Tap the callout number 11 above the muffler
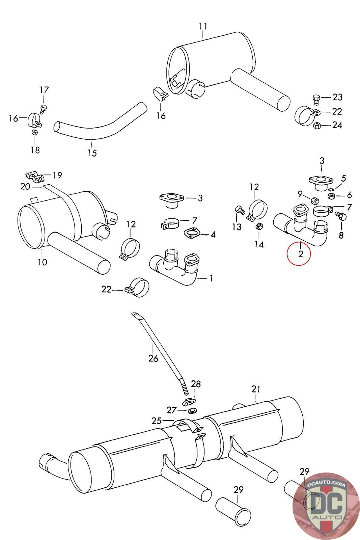(x=203, y=26)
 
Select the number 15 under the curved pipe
(x=92, y=153)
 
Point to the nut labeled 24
(x=317, y=126)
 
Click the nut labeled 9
(x=314, y=200)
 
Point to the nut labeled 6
(x=332, y=195)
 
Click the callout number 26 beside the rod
(x=153, y=358)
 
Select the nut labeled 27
(x=190, y=410)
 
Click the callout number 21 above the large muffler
(x=256, y=389)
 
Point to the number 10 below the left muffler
(x=43, y=262)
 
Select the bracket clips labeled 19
(x=34, y=176)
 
